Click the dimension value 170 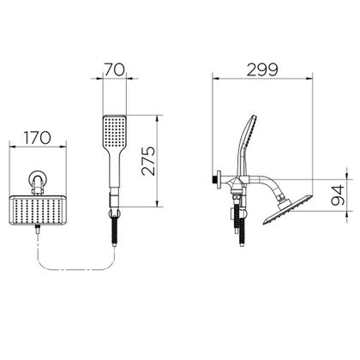pos(37,138)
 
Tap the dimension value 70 pos(114,69)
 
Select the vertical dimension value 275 pos(148,161)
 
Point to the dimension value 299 pos(262,70)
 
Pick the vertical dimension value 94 pos(338,195)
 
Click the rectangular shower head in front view pos(38,210)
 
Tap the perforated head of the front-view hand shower pos(114,131)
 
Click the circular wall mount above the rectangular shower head pos(38,179)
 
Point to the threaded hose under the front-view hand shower pos(115,231)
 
